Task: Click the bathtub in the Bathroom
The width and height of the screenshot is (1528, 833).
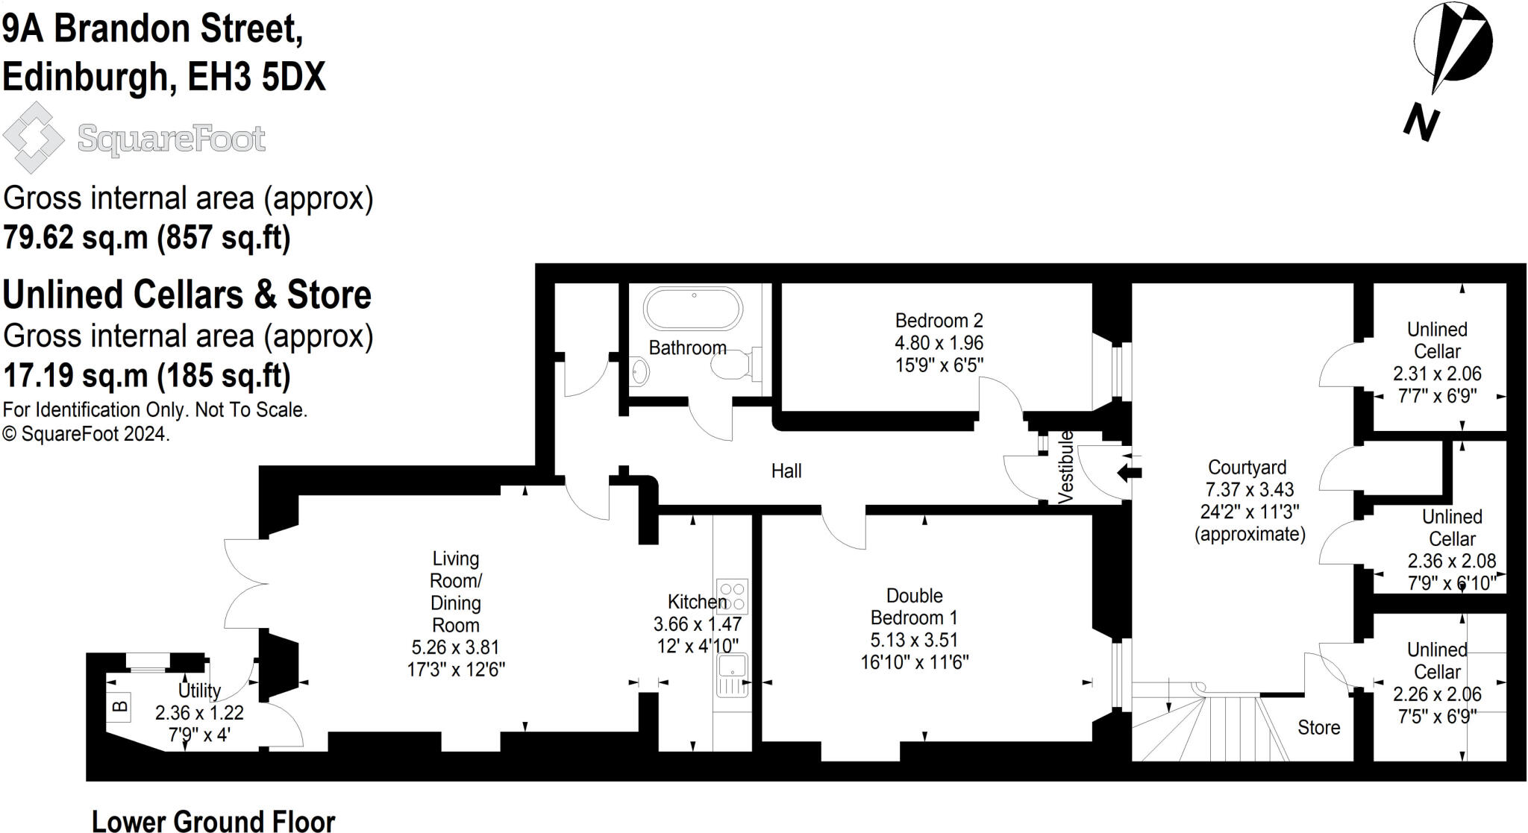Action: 693,309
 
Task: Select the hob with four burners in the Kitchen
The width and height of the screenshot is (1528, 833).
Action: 732,596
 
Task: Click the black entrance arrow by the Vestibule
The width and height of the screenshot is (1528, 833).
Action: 1130,472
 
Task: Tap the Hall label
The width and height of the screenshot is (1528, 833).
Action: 786,471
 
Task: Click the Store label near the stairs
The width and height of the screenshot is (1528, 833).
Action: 1318,727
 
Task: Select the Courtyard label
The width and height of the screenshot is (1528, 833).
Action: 1247,468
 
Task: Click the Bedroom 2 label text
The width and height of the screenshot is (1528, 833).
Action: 939,321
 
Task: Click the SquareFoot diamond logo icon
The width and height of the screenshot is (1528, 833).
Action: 34,138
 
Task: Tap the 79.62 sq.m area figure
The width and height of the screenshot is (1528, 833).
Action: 75,238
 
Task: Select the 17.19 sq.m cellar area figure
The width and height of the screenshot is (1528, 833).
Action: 75,376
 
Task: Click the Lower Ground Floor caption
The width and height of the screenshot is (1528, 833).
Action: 213,821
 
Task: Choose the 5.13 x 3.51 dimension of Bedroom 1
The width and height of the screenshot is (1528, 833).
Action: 914,640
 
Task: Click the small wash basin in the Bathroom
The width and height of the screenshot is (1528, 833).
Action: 639,370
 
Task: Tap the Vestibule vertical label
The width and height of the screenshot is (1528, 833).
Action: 1066,467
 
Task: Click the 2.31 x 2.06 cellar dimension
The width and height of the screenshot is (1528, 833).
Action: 1436,374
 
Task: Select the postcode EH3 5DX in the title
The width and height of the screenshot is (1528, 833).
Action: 256,77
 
